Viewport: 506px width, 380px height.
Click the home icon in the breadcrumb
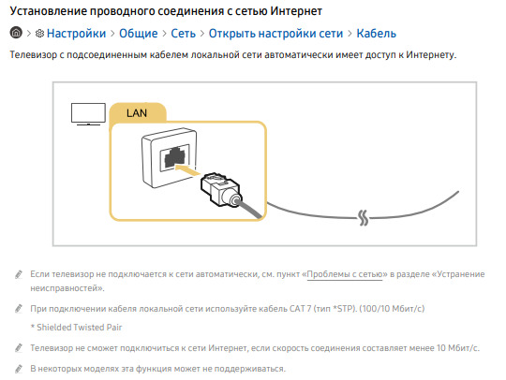16,33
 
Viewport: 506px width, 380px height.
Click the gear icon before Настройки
39,33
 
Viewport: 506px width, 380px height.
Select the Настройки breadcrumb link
76,34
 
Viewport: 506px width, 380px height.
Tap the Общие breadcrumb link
139,34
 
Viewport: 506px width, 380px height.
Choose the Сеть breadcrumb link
184,34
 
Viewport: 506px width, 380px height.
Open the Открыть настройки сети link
275,34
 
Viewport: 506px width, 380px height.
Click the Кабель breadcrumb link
377,34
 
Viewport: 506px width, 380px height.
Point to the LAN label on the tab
137,113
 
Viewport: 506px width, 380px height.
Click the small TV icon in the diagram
88,114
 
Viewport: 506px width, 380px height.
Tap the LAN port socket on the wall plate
175,158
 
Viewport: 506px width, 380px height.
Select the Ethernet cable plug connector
221,190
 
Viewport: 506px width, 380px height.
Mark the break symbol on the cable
364,217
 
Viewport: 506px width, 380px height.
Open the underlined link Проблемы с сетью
345,274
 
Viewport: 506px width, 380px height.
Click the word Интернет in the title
296,11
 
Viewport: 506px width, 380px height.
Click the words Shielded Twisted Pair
80,328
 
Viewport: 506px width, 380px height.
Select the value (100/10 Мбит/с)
392,309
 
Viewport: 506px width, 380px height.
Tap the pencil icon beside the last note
19,369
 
